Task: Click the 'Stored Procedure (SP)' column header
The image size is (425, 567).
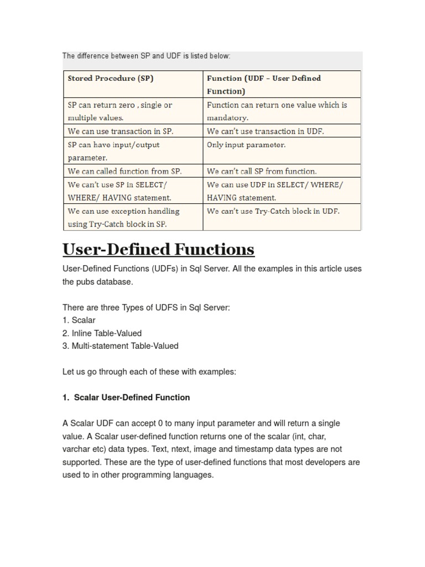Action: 111,79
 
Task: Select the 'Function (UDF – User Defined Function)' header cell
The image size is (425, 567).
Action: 263,85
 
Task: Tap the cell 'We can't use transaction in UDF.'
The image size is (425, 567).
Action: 265,131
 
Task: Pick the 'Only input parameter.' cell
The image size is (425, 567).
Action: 246,145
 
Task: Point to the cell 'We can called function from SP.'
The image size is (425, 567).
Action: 125,171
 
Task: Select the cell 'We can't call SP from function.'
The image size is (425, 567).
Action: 262,171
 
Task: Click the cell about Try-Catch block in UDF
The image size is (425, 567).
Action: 273,211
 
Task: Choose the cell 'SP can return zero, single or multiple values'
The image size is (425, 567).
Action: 120,111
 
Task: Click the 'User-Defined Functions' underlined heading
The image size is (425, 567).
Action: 158,250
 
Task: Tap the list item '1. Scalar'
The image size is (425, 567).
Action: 79,320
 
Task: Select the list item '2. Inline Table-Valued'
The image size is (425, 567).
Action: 102,333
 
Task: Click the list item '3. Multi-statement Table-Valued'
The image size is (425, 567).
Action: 121,346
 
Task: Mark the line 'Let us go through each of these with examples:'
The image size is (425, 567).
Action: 149,372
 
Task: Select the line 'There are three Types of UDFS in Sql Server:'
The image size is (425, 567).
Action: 146,307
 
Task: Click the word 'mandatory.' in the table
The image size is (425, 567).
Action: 227,118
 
